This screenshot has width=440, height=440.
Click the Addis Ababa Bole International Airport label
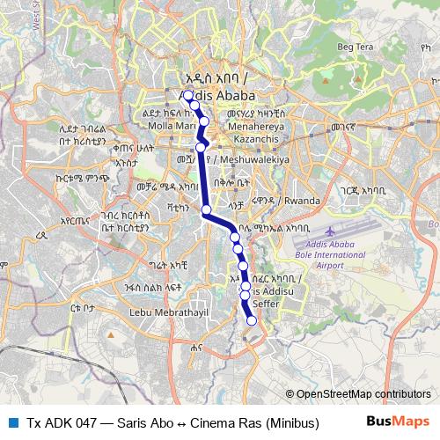336,253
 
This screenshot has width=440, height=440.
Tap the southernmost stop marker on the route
252,321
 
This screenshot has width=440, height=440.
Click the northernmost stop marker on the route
187,95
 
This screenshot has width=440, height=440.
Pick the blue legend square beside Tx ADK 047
13,422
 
